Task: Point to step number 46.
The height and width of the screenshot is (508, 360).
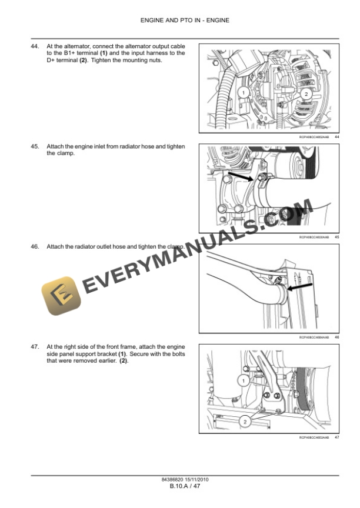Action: pyautogui.click(x=35, y=247)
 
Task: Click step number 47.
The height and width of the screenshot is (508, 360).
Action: pyautogui.click(x=35, y=347)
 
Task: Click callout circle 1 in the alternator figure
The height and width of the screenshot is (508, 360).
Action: pyautogui.click(x=242, y=92)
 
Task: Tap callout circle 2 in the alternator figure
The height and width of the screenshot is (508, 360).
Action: pyautogui.click(x=306, y=94)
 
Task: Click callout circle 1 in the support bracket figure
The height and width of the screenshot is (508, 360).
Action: pyautogui.click(x=242, y=381)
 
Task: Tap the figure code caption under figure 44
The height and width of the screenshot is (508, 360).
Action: pyautogui.click(x=314, y=136)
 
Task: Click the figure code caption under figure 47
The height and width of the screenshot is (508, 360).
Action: pyautogui.click(x=314, y=438)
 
